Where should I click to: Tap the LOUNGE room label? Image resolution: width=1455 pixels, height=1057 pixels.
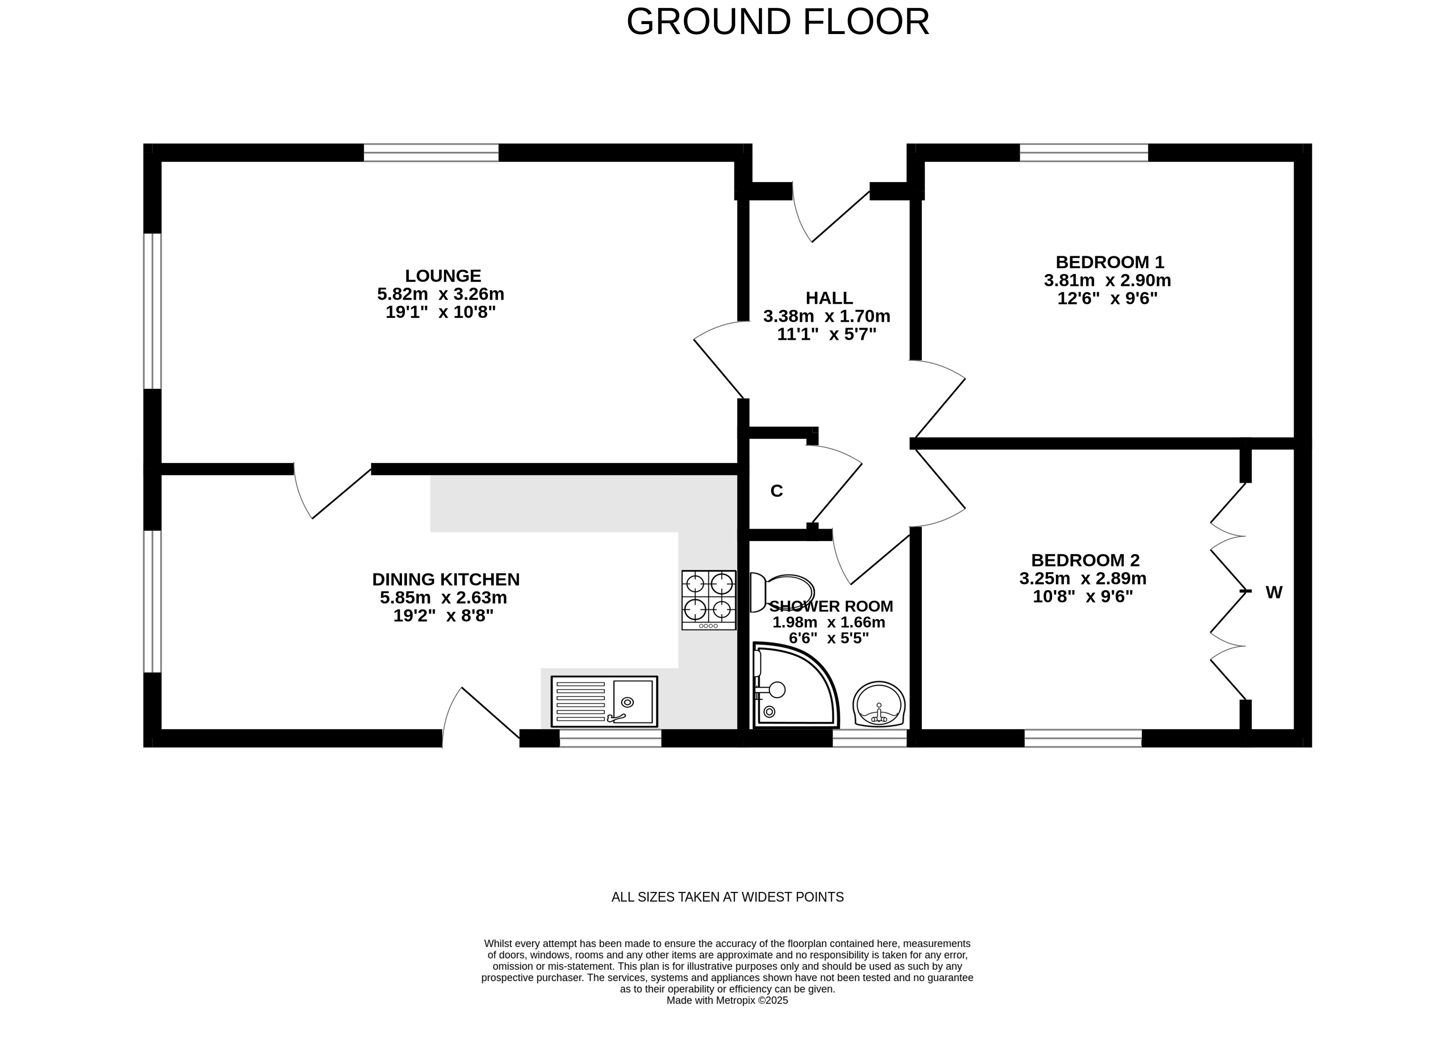[x=443, y=276]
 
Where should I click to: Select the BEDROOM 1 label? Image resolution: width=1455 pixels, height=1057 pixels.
[x=1110, y=262]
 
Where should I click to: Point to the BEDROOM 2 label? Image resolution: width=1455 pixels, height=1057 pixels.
[x=1085, y=560]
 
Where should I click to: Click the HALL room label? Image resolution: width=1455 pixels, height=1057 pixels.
[x=829, y=298]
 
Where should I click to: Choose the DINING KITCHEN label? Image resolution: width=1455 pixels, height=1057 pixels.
[x=446, y=579]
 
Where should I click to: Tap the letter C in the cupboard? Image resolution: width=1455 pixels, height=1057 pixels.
[x=776, y=491]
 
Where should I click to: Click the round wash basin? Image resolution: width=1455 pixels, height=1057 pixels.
[x=879, y=704]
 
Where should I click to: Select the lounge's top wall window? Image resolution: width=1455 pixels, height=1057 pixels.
[x=431, y=153]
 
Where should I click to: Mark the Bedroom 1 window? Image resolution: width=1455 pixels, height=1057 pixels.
[x=1084, y=153]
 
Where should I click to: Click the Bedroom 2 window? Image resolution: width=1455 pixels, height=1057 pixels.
[x=1083, y=738]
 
